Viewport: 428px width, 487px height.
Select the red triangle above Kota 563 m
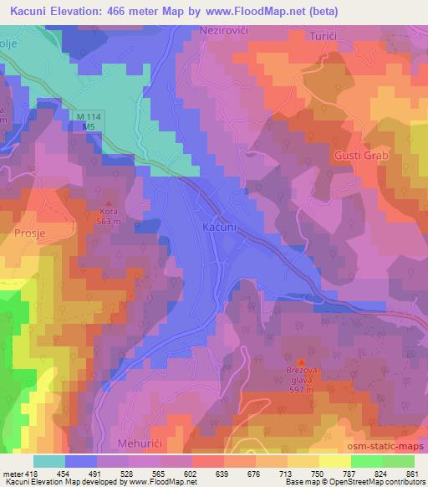pos(108,202)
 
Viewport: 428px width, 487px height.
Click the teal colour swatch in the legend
pos(49,461)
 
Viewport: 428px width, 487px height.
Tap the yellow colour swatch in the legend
pos(334,461)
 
